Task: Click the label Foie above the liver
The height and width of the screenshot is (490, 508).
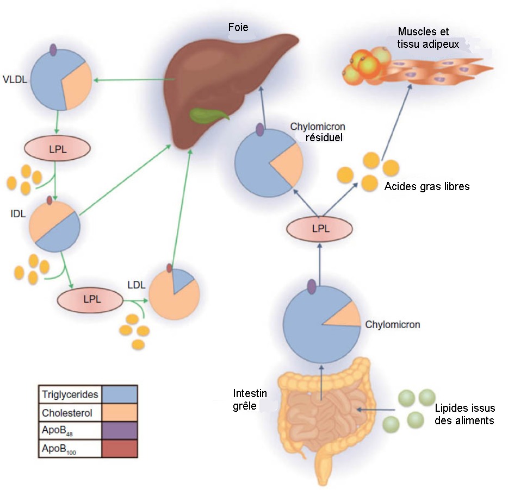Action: (x=239, y=26)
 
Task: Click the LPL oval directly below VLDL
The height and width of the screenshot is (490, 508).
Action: (x=57, y=149)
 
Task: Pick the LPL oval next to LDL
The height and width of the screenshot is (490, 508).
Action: (x=91, y=299)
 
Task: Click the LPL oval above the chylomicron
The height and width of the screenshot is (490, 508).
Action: (x=320, y=228)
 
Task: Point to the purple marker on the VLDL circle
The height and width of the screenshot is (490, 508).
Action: (x=53, y=50)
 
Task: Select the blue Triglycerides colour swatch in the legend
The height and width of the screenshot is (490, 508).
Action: (x=119, y=394)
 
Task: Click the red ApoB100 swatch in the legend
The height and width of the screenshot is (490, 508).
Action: (x=119, y=449)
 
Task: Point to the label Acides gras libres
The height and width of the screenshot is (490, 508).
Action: (x=426, y=186)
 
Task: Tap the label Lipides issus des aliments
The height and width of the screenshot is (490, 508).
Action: (x=464, y=415)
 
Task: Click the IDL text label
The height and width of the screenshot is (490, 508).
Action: (x=18, y=215)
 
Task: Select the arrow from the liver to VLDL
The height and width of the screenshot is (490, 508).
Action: (x=134, y=80)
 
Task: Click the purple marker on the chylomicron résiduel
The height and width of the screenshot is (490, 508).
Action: (x=260, y=130)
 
